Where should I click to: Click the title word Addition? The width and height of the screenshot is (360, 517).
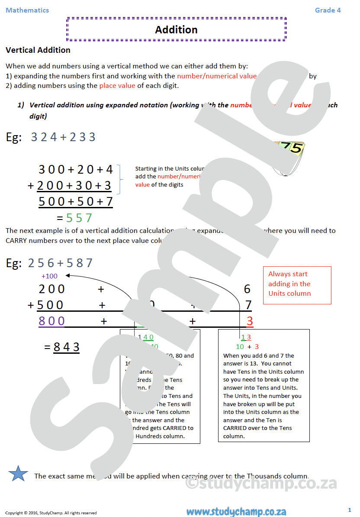click(176, 30)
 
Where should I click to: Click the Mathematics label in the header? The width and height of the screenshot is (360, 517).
click(27, 10)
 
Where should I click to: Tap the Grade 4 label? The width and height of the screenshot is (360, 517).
click(328, 10)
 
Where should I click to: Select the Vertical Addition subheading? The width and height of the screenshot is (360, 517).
click(38, 50)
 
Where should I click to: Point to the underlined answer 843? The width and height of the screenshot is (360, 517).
click(67, 347)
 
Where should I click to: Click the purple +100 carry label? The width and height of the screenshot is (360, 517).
click(49, 276)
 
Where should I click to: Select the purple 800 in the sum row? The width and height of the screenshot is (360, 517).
click(52, 321)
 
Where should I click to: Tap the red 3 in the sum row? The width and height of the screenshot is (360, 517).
click(249, 321)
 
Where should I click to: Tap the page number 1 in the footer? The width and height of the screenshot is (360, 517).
click(350, 510)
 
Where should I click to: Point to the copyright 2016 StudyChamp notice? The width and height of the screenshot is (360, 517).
click(51, 513)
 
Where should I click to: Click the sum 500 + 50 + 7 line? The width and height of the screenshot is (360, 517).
click(76, 202)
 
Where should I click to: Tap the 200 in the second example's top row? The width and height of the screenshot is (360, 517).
click(52, 289)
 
